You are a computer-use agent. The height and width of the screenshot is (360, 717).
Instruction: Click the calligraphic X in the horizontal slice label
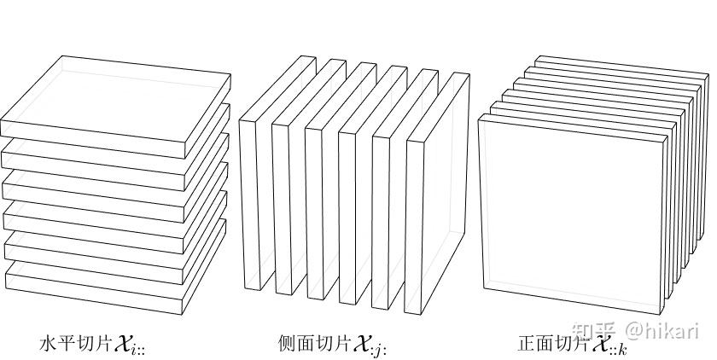pyautogui.click(x=122, y=344)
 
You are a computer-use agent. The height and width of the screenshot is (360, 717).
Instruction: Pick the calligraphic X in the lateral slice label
pyautogui.click(x=360, y=343)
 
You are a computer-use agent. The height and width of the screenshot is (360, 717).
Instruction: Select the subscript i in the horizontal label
pyautogui.click(x=137, y=349)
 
